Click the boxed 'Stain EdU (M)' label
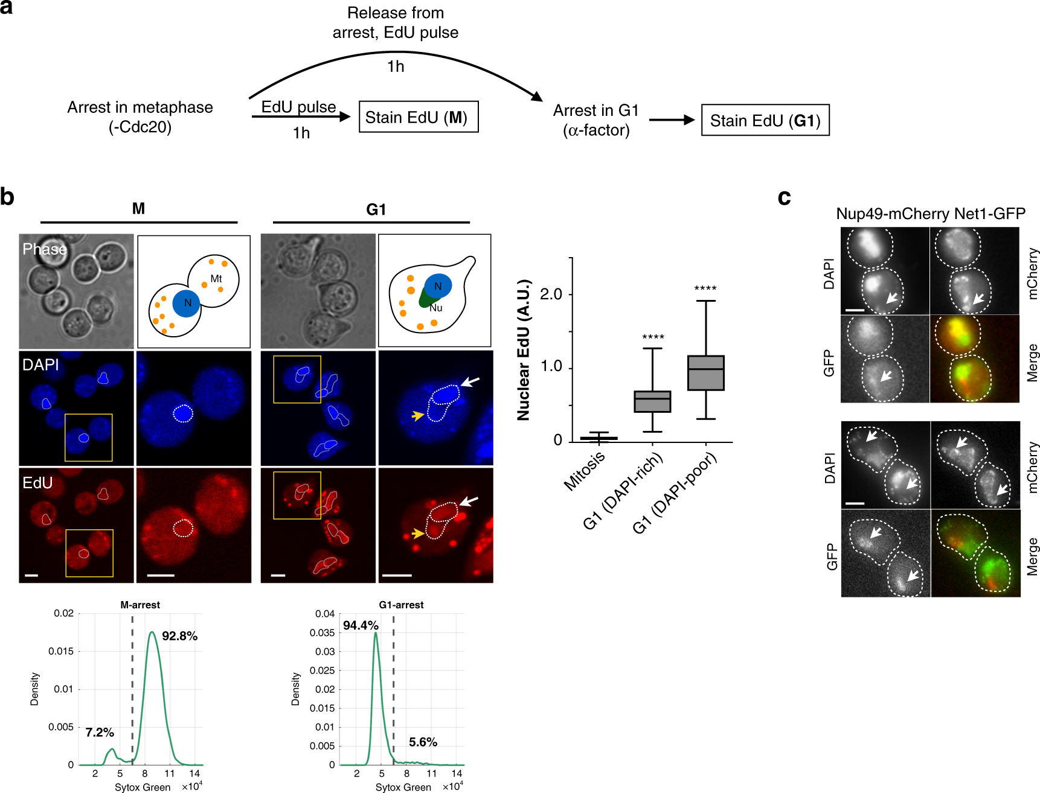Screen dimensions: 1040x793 click(419, 117)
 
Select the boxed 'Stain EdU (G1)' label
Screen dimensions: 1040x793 click(765, 121)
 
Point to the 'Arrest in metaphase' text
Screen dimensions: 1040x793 click(140, 107)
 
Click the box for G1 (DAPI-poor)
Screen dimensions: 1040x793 click(705, 373)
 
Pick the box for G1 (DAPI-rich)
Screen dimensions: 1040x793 click(652, 401)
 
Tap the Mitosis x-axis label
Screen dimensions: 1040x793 click(584, 471)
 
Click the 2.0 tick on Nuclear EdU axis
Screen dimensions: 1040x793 click(551, 295)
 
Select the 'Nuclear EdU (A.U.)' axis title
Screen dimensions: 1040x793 click(523, 350)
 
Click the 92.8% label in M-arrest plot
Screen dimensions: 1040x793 click(179, 636)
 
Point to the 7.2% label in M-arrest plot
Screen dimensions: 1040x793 click(100, 732)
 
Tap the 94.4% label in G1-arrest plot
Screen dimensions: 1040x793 click(361, 625)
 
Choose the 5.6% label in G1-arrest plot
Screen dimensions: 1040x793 click(423, 742)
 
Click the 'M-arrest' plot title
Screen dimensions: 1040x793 click(140, 605)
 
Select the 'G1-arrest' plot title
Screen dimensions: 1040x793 click(401, 605)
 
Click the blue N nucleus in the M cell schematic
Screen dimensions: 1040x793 click(187, 303)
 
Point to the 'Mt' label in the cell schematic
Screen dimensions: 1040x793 click(216, 279)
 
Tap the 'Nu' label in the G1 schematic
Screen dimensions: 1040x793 click(435, 308)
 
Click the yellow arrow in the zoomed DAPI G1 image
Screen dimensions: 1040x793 click(417, 415)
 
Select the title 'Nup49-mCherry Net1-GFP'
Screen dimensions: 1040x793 click(931, 214)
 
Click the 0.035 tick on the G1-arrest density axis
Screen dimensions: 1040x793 click(322, 632)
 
